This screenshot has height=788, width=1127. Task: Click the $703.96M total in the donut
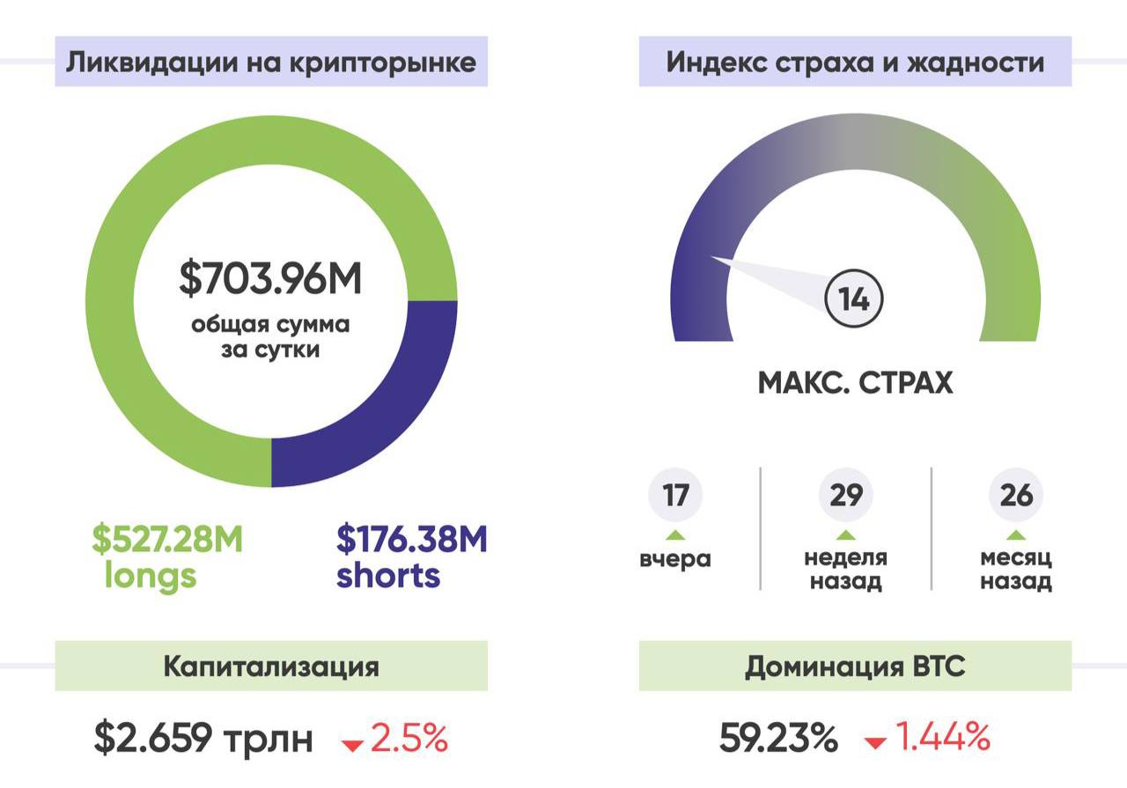(x=271, y=277)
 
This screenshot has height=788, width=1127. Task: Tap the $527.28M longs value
(x=167, y=539)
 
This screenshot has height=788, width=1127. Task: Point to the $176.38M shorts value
(x=411, y=539)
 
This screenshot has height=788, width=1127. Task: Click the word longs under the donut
(x=151, y=576)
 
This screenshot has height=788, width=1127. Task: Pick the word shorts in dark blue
(x=388, y=576)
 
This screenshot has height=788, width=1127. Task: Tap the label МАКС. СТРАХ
(x=855, y=384)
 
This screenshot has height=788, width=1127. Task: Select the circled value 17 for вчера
(x=675, y=496)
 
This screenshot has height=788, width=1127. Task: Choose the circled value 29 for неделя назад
(x=846, y=496)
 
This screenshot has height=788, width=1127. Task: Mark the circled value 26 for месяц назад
(x=1016, y=496)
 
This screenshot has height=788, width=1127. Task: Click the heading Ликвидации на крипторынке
(x=271, y=63)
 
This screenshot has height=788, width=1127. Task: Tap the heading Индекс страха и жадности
(x=855, y=63)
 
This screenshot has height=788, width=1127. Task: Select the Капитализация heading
(x=271, y=666)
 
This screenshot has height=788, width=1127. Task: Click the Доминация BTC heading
(x=855, y=666)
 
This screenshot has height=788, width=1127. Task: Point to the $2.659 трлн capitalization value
(x=203, y=739)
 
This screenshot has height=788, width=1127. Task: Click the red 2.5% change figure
(x=409, y=738)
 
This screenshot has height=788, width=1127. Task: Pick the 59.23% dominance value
(x=778, y=738)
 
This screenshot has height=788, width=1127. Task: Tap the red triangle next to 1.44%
(x=875, y=744)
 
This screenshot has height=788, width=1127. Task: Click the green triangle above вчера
(x=675, y=535)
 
